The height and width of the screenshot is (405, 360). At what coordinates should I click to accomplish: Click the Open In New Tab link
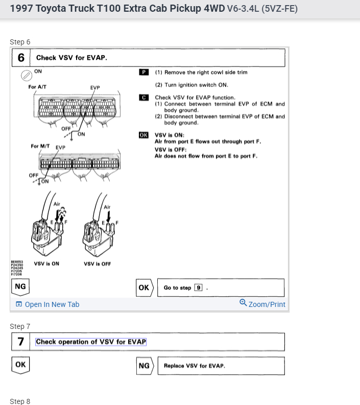(x=47, y=304)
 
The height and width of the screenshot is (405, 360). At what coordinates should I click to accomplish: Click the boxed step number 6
(x=21, y=58)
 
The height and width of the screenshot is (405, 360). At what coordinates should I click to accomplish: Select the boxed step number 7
(x=21, y=342)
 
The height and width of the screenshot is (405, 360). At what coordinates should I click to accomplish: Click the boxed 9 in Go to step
(x=198, y=288)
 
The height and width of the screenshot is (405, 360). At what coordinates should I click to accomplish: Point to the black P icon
(x=143, y=73)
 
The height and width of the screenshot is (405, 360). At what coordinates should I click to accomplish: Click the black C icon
(x=143, y=97)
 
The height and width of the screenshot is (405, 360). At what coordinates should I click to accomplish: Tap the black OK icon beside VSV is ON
(x=143, y=135)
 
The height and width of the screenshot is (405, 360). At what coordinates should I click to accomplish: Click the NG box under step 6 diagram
(x=20, y=287)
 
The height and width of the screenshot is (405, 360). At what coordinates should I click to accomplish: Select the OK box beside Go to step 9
(x=144, y=288)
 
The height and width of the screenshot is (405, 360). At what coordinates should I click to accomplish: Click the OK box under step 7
(x=20, y=365)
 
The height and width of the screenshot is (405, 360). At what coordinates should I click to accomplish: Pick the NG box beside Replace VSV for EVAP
(x=144, y=366)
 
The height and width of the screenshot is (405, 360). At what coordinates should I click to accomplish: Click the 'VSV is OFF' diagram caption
(x=98, y=264)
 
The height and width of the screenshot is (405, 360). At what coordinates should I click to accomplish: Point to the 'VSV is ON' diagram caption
(x=46, y=264)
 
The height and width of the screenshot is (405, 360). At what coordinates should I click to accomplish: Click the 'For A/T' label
(x=37, y=87)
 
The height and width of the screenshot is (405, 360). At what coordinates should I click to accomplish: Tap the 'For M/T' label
(x=40, y=146)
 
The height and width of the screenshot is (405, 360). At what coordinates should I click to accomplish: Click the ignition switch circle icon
(x=26, y=76)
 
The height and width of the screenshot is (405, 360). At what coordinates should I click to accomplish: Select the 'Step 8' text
(x=20, y=401)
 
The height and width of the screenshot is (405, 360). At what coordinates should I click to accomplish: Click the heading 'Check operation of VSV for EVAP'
(x=91, y=342)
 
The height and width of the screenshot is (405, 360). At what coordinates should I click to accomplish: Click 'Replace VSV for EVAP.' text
(x=195, y=366)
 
